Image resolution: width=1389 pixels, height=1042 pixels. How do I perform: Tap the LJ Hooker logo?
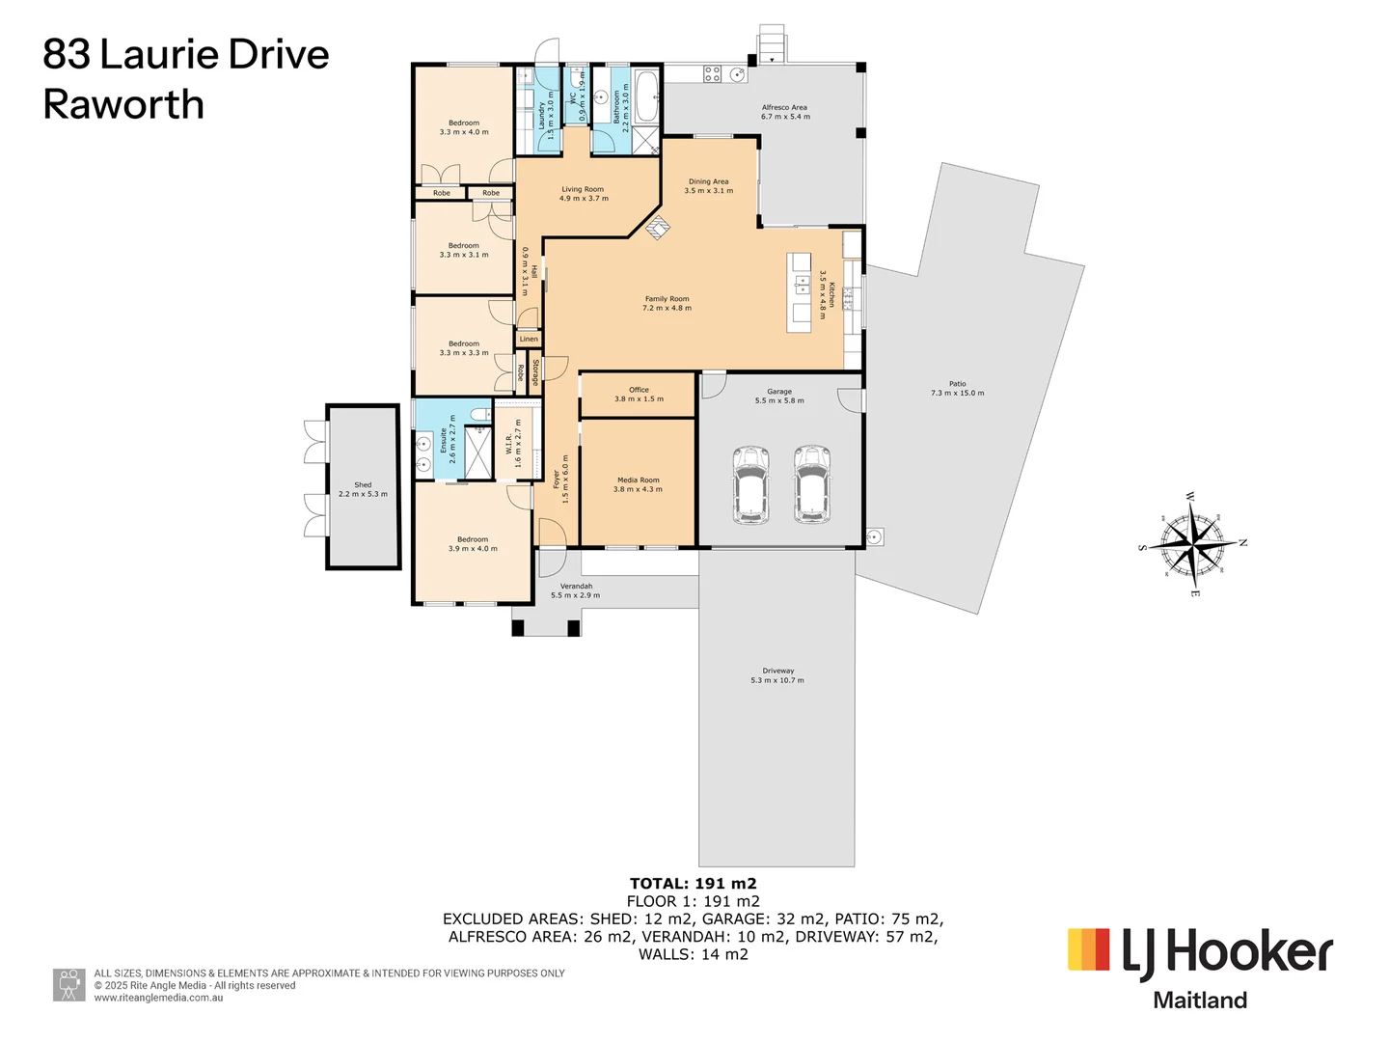click(1200, 952)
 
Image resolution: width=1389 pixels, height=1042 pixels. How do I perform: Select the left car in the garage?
click(750, 484)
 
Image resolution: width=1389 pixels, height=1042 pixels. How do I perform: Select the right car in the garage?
click(812, 484)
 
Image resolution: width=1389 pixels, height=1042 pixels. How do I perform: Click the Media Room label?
click(638, 480)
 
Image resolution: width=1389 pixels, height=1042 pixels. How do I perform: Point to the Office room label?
click(639, 390)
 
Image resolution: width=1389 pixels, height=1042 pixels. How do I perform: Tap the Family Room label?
click(667, 299)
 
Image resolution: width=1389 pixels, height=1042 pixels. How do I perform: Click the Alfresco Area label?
click(784, 108)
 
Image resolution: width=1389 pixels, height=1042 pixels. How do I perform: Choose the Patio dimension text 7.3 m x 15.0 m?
click(957, 394)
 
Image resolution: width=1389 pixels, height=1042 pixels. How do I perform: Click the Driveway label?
click(777, 671)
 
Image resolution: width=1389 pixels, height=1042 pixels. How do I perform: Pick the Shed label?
click(363, 485)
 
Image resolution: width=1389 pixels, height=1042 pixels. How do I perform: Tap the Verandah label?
click(576, 586)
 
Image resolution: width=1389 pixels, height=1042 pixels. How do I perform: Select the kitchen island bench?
click(800, 293)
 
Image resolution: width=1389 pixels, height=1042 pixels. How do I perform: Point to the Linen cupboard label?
click(529, 340)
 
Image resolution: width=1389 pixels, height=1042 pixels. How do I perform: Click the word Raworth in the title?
click(123, 104)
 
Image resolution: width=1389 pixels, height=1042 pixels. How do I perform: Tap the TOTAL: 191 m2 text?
click(693, 884)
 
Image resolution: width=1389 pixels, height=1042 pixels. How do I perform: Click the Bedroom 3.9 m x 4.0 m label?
click(473, 539)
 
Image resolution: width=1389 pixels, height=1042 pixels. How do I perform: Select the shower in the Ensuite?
click(478, 452)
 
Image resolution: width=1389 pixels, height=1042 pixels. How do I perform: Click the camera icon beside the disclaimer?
click(68, 985)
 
